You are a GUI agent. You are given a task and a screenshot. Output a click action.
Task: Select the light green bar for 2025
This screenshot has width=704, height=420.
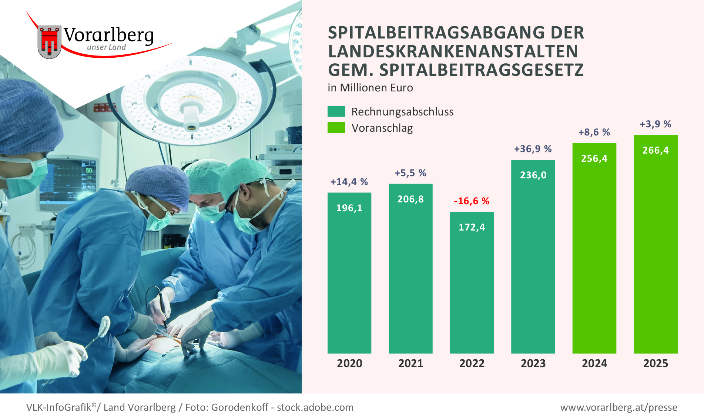pos(656,252)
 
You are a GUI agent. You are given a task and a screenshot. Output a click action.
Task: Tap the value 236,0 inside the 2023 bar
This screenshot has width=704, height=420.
pos(533,175)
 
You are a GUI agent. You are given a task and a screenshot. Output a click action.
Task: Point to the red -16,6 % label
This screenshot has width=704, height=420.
pos(472,201)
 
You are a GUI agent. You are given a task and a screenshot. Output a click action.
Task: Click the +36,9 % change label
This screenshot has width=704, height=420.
pos(533,149)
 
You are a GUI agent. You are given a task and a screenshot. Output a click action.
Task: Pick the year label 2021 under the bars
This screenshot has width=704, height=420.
pos(410,363)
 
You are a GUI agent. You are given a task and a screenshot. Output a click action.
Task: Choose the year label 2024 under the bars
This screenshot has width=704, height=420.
pos(594,363)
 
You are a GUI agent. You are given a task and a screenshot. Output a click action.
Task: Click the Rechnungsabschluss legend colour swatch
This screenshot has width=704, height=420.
pos(336,111)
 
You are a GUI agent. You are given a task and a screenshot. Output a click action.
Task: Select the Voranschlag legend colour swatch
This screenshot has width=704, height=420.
pos(336,128)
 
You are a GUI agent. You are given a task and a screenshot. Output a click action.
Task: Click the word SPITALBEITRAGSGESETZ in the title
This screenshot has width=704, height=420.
pos(482,70)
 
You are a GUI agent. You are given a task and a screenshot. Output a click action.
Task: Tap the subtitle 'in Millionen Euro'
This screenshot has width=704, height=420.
pos(370,88)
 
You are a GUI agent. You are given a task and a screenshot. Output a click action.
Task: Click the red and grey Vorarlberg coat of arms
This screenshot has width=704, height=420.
pos(49,42)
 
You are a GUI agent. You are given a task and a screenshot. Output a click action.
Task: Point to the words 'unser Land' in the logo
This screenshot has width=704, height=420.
pos(106,47)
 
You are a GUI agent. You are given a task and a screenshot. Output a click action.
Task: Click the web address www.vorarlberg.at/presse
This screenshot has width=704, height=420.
pos(618,407)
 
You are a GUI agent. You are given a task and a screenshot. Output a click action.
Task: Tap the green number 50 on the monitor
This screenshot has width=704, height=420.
pos(89,170)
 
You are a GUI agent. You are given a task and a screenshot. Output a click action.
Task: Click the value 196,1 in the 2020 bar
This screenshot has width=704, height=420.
pos(349,208)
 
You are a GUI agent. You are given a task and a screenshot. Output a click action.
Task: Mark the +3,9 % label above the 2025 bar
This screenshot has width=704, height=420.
pos(655,124)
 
